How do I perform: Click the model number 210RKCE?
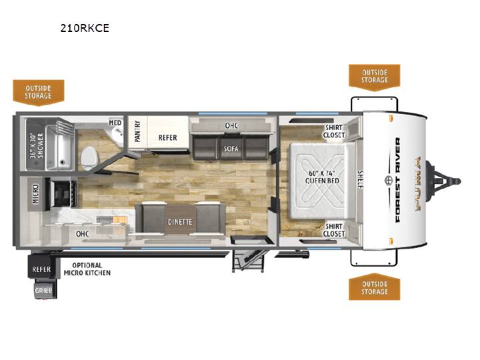pyautogui.click(x=85, y=28)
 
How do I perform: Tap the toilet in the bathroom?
pyautogui.click(x=90, y=157)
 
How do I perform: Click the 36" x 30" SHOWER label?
pyautogui.click(x=37, y=145)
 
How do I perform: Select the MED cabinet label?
pyautogui.click(x=115, y=123)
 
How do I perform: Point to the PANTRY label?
pyautogui.click(x=137, y=131)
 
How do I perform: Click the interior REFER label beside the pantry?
pyautogui.click(x=167, y=138)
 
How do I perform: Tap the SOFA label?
pyautogui.click(x=231, y=149)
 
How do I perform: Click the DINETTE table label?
pyautogui.click(x=180, y=222)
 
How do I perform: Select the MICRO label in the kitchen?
pyautogui.click(x=36, y=194)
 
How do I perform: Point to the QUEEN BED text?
pyautogui.click(x=322, y=181)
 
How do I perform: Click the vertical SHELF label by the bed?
pyautogui.click(x=360, y=180)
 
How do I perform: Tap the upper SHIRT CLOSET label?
pyautogui.click(x=334, y=131)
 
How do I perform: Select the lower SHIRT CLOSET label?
pyautogui.click(x=334, y=230)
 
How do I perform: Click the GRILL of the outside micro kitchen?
pyautogui.click(x=43, y=290)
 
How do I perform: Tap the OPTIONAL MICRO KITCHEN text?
pyautogui.click(x=87, y=269)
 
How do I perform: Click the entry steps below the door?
pyautogui.click(x=248, y=261)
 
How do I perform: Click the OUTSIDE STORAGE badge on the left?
pyautogui.click(x=38, y=93)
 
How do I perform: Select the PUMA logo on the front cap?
pyautogui.click(x=417, y=183)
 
